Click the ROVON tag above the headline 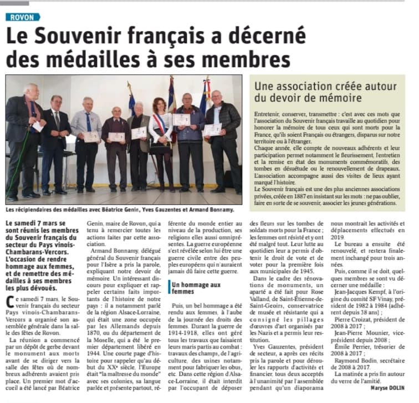tap(22, 17)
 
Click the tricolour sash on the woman tap(161, 127)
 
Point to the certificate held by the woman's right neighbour tap(181, 119)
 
